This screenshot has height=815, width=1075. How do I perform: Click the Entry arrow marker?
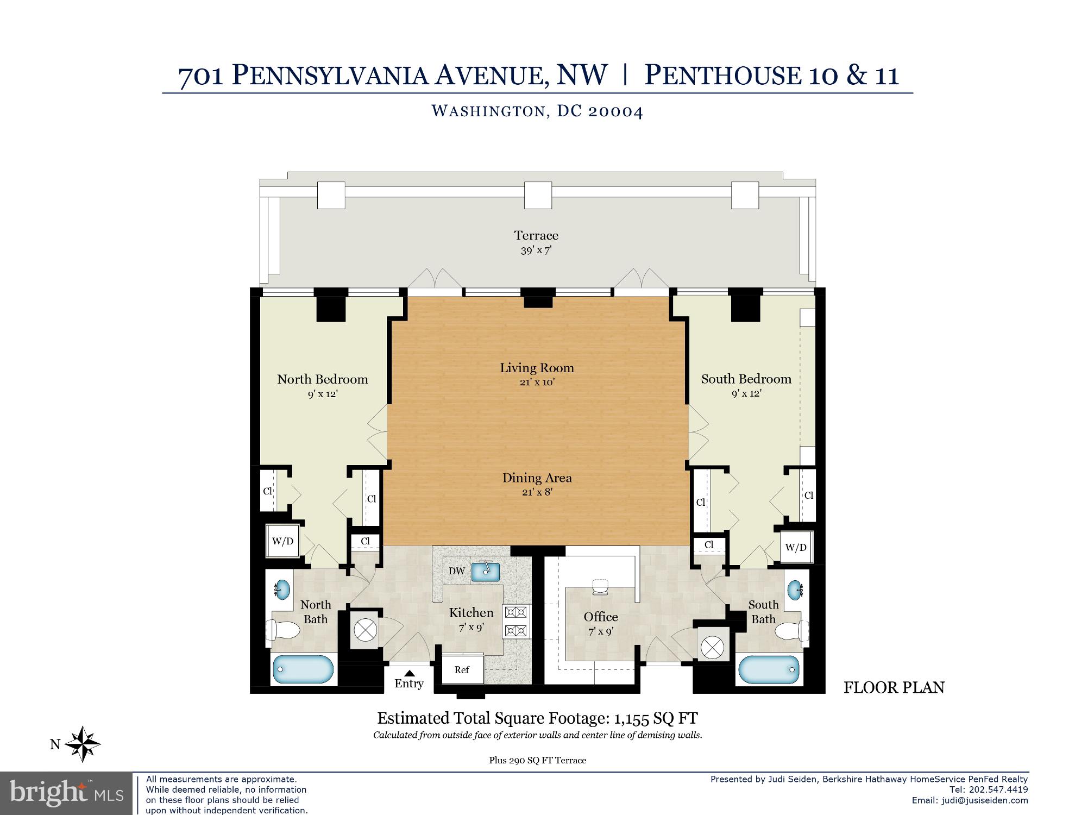pyautogui.click(x=410, y=673)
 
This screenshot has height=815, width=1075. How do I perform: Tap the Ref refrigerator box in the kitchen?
pyautogui.click(x=462, y=669)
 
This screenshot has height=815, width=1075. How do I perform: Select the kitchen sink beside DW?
pyautogui.click(x=486, y=572)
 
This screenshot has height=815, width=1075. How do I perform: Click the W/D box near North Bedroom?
pyautogui.click(x=282, y=541)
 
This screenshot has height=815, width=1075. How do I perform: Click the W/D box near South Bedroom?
pyautogui.click(x=796, y=547)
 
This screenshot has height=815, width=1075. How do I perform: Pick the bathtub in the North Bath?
pyautogui.click(x=303, y=669)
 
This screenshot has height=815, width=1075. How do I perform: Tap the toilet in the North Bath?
pyautogui.click(x=283, y=631)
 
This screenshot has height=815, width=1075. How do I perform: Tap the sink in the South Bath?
pyautogui.click(x=795, y=590)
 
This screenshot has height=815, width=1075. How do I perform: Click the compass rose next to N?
pyautogui.click(x=83, y=744)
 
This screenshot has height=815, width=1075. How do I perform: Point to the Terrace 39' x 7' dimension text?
pyautogui.click(x=536, y=250)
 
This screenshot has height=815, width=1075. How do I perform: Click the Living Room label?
pyautogui.click(x=537, y=368)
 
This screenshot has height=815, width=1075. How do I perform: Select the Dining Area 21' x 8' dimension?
pyautogui.click(x=537, y=492)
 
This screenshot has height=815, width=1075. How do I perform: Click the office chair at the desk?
pyautogui.click(x=601, y=586)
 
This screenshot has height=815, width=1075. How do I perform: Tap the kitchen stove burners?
pyautogui.click(x=516, y=622)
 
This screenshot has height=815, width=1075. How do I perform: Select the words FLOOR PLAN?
pyautogui.click(x=894, y=687)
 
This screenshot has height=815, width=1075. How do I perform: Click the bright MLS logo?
pyautogui.click(x=66, y=793)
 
